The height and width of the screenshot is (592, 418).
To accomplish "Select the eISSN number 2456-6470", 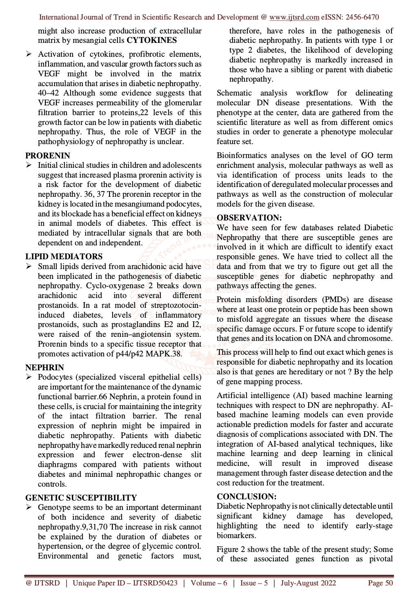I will tap(362, 17).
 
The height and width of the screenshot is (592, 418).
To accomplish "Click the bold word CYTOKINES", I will tap(152, 40).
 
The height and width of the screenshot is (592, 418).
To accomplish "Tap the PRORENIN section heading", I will tap(48, 156).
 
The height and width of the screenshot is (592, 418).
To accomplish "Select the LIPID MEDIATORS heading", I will tap(64, 256).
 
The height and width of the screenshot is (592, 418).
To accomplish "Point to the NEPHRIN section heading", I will tap(44, 367).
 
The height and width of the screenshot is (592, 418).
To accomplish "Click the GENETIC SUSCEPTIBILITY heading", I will tap(81, 498).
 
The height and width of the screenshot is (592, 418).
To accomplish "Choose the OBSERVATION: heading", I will tap(249, 218).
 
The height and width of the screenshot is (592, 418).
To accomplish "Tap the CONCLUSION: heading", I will tap(247, 496).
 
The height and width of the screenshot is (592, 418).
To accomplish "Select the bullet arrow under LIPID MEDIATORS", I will tap(29, 266).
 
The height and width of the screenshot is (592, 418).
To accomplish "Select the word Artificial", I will tap(231, 396).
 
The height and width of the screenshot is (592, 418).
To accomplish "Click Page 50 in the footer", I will tap(380, 583).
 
